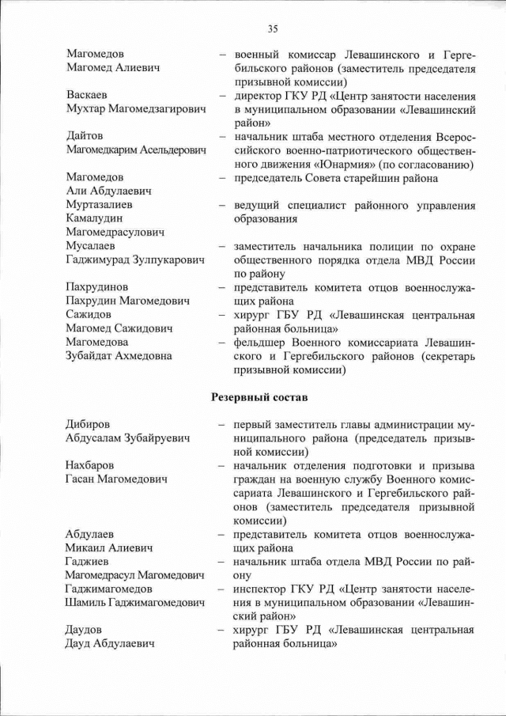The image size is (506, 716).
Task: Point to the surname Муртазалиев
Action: (x=99, y=205)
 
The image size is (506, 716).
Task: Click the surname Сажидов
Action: (x=89, y=314)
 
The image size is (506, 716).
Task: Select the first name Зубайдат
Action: (x=93, y=356)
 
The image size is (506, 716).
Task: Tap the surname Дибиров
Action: (x=89, y=424)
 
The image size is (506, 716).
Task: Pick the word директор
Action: (x=258, y=95)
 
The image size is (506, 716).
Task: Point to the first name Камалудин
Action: (x=96, y=218)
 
